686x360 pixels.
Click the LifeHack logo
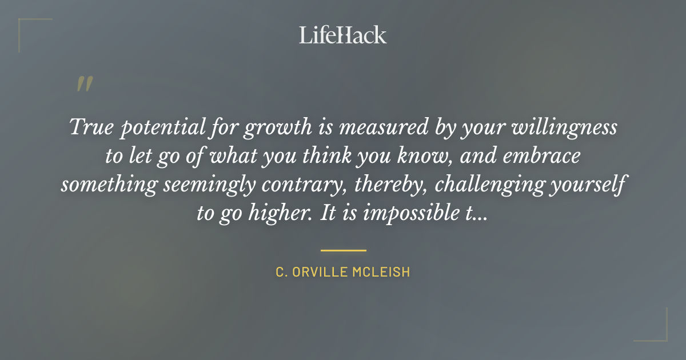343,35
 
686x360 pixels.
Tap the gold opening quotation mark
84,84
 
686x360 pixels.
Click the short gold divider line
343,250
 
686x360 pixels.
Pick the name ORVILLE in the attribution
319,272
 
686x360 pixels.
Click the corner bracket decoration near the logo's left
29,29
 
